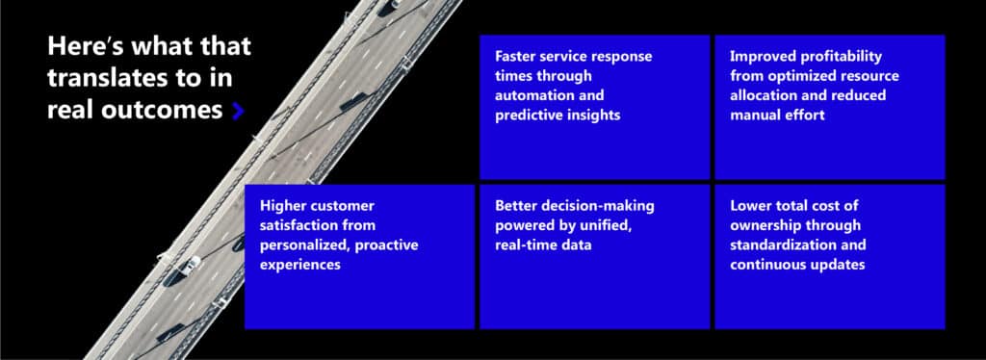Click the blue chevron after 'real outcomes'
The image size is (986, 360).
coord(239,111)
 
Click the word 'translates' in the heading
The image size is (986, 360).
coord(99,79)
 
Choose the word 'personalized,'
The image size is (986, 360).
coord(305,245)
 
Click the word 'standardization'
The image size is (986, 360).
coord(782,245)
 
